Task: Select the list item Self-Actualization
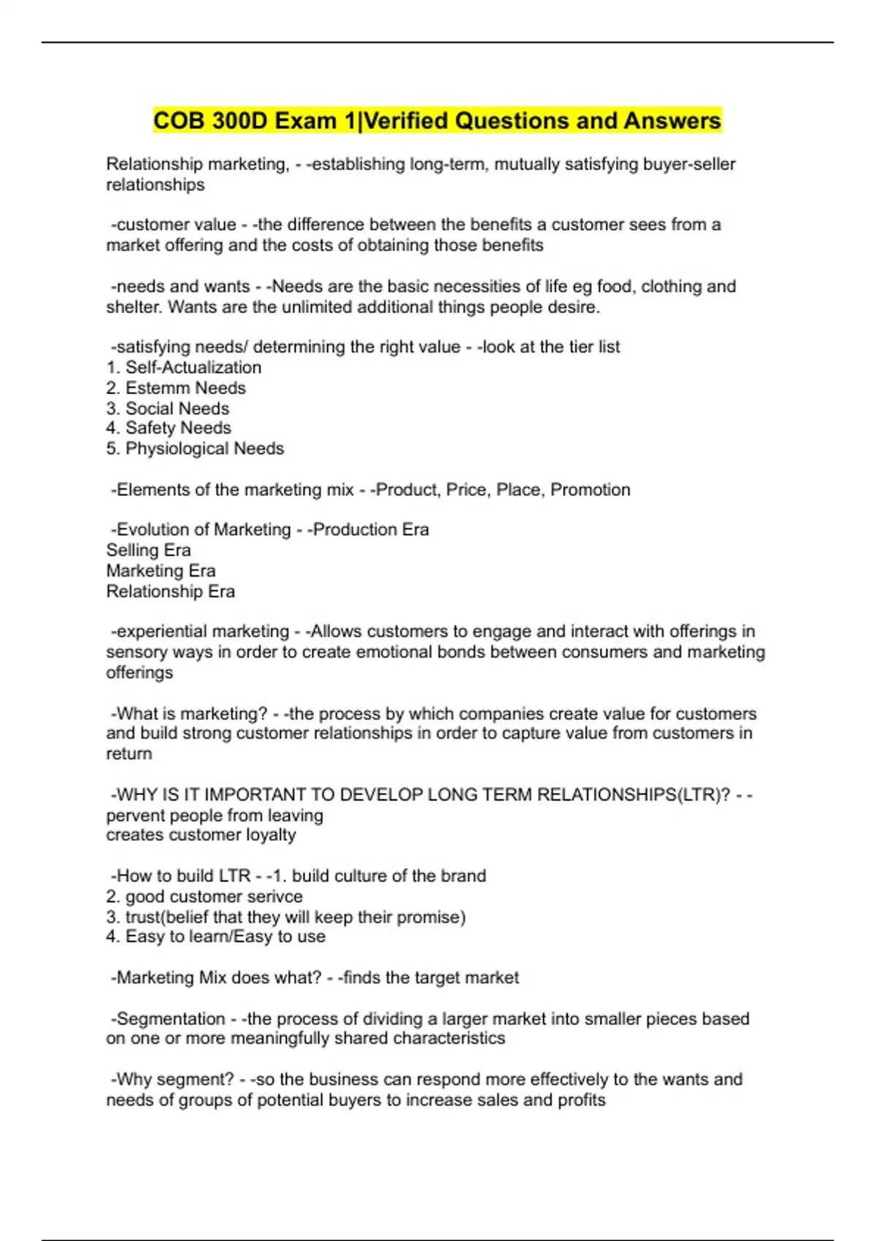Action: (193, 367)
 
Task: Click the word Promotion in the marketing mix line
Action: (590, 489)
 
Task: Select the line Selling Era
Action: (148, 550)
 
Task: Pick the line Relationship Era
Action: (170, 591)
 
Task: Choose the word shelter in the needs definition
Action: (132, 307)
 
